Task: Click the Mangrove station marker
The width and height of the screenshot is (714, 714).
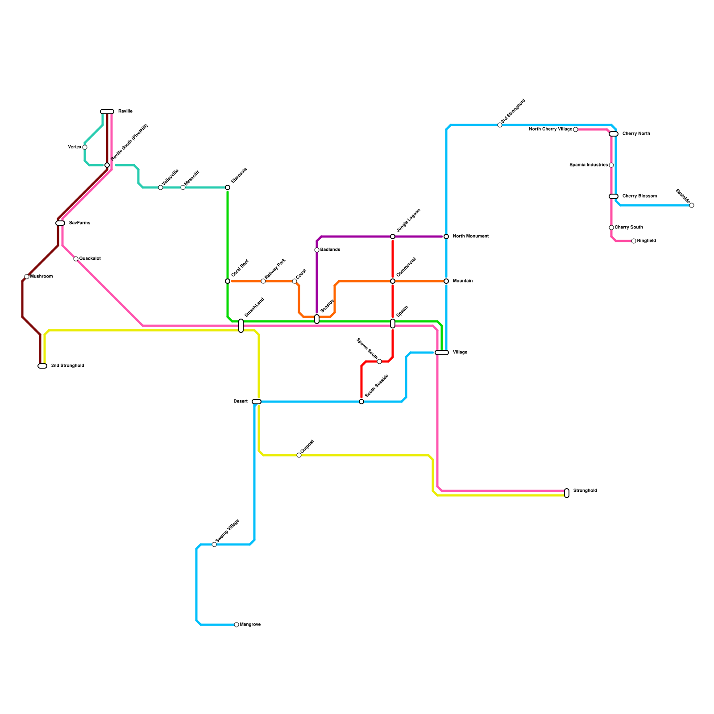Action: [x=237, y=625]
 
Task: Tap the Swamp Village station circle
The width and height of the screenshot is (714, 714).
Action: [x=214, y=544]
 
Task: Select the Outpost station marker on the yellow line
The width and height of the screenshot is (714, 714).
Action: [x=299, y=455]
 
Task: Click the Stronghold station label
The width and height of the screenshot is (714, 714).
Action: [x=585, y=491]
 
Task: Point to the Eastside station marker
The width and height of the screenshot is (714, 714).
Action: [x=692, y=205]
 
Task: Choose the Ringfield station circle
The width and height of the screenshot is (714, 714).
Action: [x=634, y=241]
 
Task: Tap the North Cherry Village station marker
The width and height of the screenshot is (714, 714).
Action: [x=576, y=129]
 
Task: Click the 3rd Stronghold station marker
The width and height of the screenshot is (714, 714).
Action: [x=500, y=125]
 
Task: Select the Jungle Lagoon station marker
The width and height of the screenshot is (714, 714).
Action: [x=393, y=237]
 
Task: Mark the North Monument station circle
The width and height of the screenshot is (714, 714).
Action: [x=446, y=237]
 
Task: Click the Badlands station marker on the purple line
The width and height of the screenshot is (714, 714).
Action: [x=317, y=250]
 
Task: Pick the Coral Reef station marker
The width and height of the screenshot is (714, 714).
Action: [x=228, y=281]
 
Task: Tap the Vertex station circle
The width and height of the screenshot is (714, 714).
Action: [x=85, y=147]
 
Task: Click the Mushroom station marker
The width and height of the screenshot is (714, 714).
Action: [x=27, y=277]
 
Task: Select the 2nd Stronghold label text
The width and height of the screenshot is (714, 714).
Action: [x=67, y=366]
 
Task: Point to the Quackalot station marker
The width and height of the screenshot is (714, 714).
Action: [x=76, y=259]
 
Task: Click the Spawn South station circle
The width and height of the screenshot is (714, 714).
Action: [x=379, y=361]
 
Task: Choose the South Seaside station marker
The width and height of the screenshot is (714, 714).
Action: [x=361, y=402]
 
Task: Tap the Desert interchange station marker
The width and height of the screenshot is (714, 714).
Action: [x=257, y=402]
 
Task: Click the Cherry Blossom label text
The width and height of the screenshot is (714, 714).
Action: [x=639, y=196]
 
